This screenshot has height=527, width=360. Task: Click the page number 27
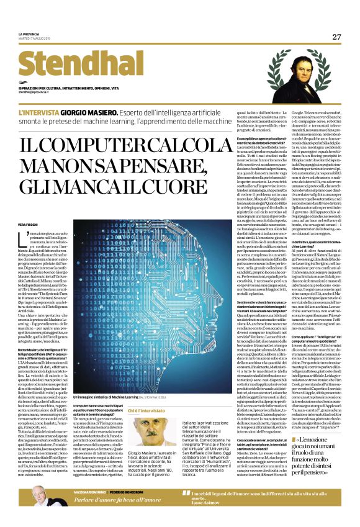point(336,37)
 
